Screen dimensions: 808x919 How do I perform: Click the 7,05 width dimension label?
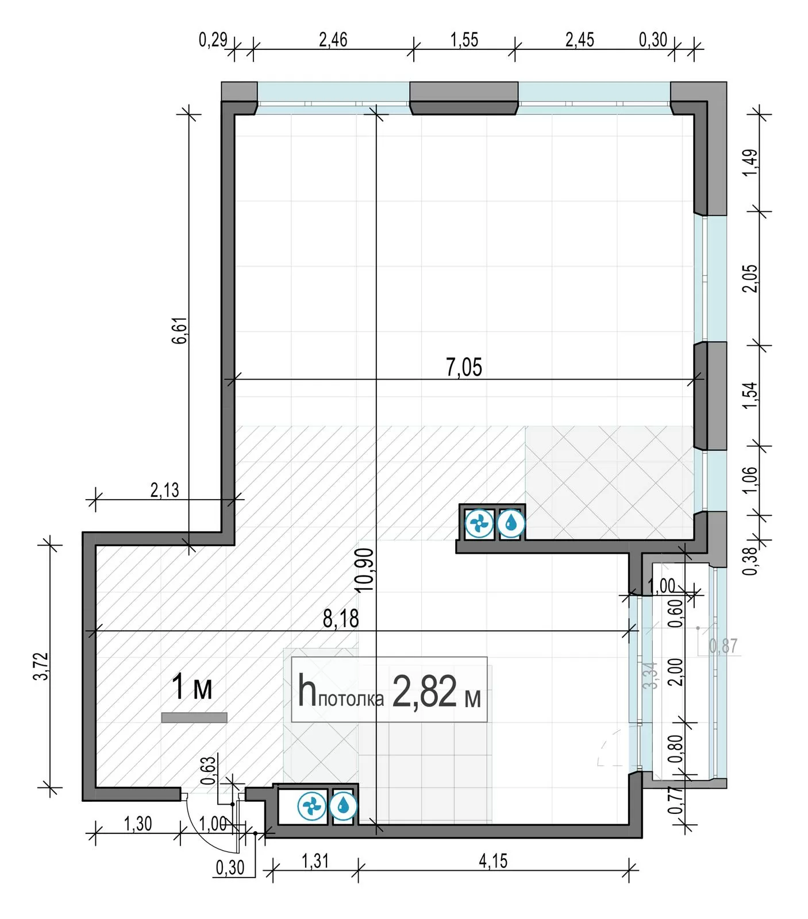[464, 368]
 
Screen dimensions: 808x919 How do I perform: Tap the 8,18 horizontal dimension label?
[341, 619]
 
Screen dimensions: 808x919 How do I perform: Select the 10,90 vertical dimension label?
[365, 570]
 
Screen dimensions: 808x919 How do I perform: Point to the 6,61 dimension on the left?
[179, 330]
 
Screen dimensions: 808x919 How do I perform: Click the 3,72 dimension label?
[41, 666]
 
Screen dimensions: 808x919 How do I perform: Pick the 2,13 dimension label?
[164, 491]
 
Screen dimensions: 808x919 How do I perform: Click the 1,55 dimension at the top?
[464, 40]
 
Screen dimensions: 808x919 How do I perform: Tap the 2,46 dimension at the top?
[333, 40]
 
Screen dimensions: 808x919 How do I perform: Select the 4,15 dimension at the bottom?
[493, 861]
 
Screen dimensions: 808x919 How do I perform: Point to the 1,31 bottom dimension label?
[315, 861]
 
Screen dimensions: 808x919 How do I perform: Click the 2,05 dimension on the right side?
[751, 278]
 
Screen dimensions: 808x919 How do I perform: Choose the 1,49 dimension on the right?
[751, 163]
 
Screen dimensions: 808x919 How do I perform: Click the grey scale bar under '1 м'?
[194, 717]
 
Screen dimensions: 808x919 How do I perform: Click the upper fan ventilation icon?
[479, 524]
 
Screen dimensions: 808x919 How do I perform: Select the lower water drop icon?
[343, 806]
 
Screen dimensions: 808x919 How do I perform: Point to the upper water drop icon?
[510, 524]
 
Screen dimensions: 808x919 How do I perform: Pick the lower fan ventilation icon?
[312, 806]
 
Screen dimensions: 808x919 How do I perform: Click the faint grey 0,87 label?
[724, 646]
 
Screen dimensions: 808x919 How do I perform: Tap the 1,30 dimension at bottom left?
[138, 824]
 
